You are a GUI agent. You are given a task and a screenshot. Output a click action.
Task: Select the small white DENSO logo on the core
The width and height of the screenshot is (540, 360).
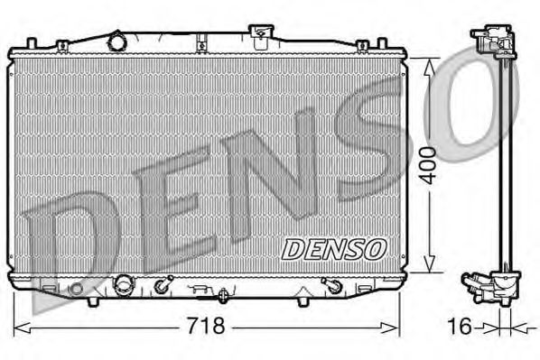click(x=335, y=246)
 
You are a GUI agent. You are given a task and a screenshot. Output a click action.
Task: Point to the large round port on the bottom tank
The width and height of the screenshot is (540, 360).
click(x=122, y=286)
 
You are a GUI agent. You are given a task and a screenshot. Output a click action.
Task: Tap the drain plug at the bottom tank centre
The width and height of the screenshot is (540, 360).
click(x=223, y=293)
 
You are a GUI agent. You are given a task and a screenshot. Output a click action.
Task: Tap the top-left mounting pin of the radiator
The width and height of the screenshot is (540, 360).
click(x=33, y=42)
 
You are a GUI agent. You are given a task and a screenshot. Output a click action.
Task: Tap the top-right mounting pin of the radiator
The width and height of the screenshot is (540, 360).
click(x=389, y=42)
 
